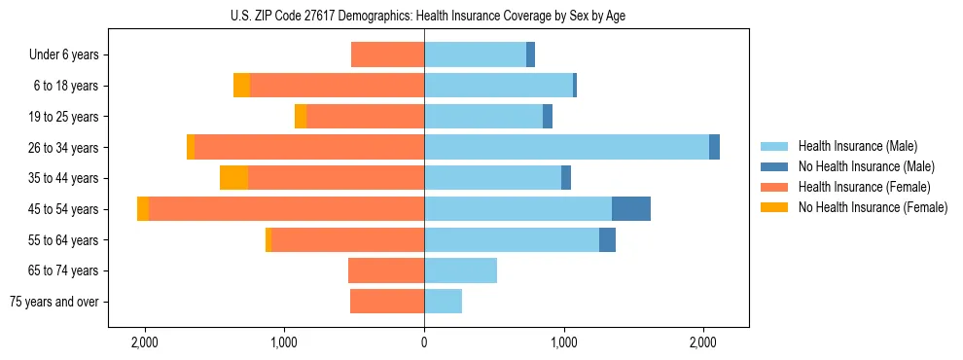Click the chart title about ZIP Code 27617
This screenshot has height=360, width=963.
click(x=423, y=16)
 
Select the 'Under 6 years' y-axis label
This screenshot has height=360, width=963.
click(x=64, y=55)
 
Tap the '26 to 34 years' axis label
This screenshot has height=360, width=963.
click(x=64, y=148)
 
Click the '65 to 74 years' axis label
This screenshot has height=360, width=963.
click(x=64, y=270)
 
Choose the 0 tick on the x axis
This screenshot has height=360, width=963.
click(x=424, y=342)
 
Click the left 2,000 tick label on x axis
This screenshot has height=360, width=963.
click(x=145, y=342)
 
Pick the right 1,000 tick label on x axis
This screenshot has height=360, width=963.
click(x=564, y=342)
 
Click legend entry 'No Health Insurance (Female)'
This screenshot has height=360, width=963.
click(x=873, y=207)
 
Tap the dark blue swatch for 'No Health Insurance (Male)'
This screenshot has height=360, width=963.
click(x=774, y=166)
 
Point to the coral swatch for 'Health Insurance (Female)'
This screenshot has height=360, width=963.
click(x=774, y=187)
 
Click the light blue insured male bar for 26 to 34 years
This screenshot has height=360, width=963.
click(x=566, y=148)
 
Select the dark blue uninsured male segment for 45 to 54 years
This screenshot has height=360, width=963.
click(x=631, y=209)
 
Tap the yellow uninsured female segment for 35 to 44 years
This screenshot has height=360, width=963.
click(x=233, y=178)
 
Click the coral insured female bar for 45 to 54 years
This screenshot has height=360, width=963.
click(x=286, y=209)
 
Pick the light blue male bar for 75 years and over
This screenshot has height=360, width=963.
click(x=443, y=302)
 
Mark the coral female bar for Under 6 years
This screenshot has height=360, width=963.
click(x=387, y=55)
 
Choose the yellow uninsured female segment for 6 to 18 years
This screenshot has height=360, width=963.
click(x=241, y=86)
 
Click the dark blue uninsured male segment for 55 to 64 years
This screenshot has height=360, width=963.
click(x=607, y=240)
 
